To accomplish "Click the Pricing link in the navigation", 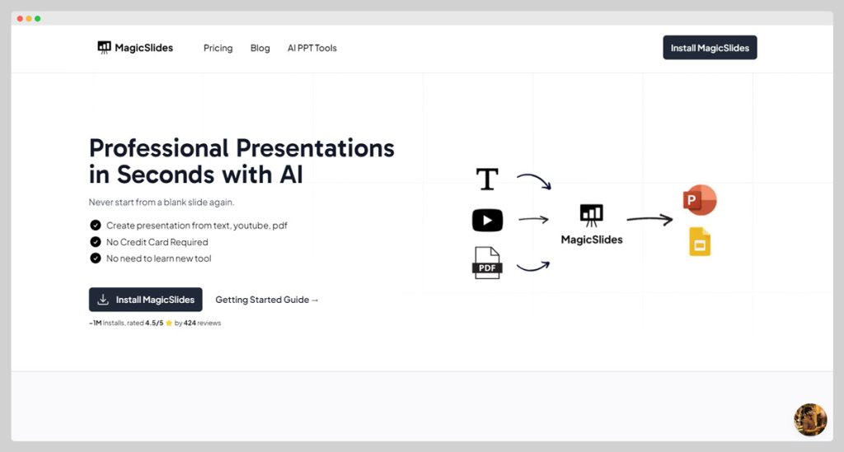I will tap(218, 48).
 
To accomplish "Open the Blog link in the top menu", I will tap(260, 48).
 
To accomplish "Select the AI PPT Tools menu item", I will tap(312, 48).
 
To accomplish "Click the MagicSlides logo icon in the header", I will tap(104, 48).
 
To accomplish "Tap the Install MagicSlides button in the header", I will tap(710, 48).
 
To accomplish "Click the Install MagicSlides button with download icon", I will tap(145, 300).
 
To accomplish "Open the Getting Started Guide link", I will tap(267, 300).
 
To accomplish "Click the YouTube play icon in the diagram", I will tap(487, 220).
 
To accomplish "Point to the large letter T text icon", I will tap(487, 179).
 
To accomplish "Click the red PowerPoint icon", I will tap(700, 200).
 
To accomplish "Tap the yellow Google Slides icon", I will tap(700, 241).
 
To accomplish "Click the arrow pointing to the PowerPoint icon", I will tap(649, 219).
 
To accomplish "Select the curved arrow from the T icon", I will tap(534, 180).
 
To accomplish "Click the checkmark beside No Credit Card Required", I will tap(96, 242).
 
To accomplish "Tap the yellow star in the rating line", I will tap(169, 324).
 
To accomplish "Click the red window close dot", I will tap(20, 18).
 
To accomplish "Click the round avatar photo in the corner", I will tap(809, 419).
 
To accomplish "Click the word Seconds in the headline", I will tap(165, 175).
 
